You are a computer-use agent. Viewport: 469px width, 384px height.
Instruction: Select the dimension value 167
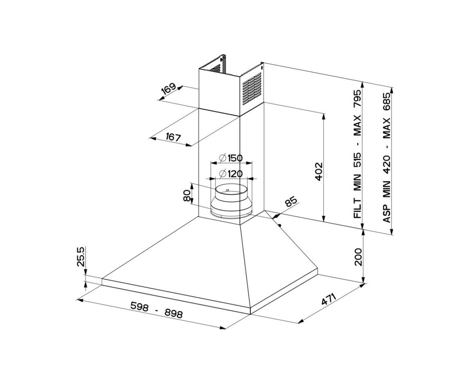[x=173, y=137]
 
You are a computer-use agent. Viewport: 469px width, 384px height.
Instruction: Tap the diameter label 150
[x=231, y=158]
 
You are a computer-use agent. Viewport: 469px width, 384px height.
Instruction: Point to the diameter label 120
[x=231, y=174]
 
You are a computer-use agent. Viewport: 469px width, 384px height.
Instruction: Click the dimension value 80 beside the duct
[x=187, y=196]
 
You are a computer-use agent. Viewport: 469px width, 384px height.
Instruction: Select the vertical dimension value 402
[x=319, y=172]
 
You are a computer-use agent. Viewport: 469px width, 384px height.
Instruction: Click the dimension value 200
[x=358, y=256]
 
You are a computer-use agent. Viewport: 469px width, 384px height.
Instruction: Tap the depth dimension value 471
[x=329, y=299]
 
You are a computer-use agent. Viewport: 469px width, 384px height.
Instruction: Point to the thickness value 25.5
[x=81, y=256]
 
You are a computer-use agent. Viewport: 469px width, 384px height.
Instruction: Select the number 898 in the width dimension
[x=174, y=313]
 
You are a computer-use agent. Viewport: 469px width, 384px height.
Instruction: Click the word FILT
[x=358, y=208]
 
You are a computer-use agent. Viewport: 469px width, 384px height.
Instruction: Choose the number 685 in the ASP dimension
[x=387, y=102]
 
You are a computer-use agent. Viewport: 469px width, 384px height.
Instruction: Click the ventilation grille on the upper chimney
[x=252, y=88]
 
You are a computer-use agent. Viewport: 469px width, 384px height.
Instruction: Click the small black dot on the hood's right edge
[x=280, y=225]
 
